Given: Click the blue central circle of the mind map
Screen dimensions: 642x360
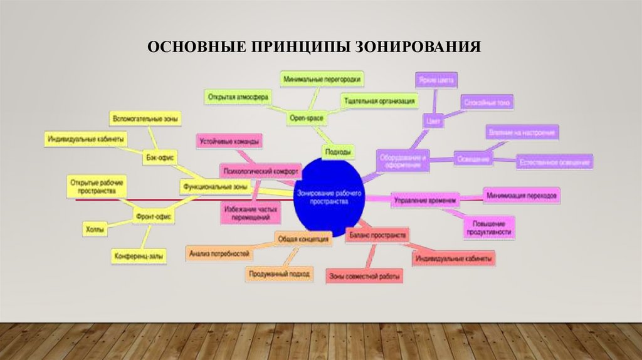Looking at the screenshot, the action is [x=327, y=194].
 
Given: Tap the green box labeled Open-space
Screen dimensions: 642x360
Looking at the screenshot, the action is [x=306, y=118].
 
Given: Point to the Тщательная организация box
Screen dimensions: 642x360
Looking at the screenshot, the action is [x=379, y=100].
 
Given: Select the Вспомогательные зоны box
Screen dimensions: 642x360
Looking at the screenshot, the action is [x=145, y=118].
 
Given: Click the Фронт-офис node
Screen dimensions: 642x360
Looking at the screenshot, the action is [x=153, y=216].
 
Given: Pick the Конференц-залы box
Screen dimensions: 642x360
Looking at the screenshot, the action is [x=139, y=257].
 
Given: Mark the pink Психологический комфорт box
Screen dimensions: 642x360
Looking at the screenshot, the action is [x=260, y=170].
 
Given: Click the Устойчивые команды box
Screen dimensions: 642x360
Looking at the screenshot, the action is [x=229, y=142].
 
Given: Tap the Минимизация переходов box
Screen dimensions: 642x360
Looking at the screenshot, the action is [x=521, y=196].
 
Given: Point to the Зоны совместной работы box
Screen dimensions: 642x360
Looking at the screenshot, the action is [x=364, y=276].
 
